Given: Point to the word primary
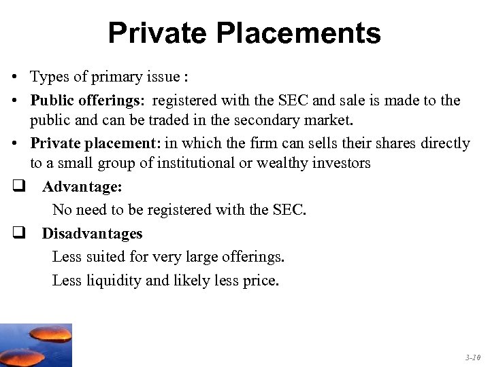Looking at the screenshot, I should (x=113, y=77).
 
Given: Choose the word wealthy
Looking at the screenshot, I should (x=277, y=163).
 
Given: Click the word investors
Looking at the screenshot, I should (x=340, y=163).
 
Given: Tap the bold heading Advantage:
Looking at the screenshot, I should (x=82, y=188).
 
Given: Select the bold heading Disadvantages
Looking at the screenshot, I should (x=92, y=233).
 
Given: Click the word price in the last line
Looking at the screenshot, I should (x=259, y=281).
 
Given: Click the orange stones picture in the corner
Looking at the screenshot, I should (x=35, y=345).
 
